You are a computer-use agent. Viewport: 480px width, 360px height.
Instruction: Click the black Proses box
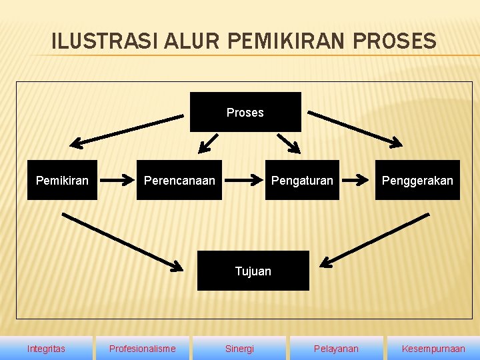(x=245, y=112)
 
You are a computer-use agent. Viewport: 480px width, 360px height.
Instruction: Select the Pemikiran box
(x=62, y=180)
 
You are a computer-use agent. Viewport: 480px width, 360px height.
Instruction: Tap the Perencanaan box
(x=179, y=180)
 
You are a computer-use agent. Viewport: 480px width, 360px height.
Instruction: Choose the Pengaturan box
(x=302, y=180)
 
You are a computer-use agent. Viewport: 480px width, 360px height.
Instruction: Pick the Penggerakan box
(x=417, y=180)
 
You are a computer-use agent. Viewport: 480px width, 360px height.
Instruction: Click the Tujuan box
(x=253, y=271)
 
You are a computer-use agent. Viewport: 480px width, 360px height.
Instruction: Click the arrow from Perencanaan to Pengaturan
(x=243, y=179)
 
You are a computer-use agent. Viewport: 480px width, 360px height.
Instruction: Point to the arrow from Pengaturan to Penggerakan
(x=357, y=179)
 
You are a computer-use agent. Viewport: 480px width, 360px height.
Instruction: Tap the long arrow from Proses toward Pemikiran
(x=127, y=130)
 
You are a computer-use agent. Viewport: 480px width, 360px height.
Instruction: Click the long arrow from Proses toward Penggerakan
(x=355, y=128)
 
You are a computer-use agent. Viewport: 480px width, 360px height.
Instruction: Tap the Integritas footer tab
(x=46, y=349)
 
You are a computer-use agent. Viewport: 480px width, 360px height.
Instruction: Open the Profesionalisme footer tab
(x=143, y=349)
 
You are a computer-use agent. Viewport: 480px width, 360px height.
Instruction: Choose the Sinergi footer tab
(x=239, y=349)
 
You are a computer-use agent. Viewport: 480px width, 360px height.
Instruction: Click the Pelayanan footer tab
(x=336, y=349)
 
